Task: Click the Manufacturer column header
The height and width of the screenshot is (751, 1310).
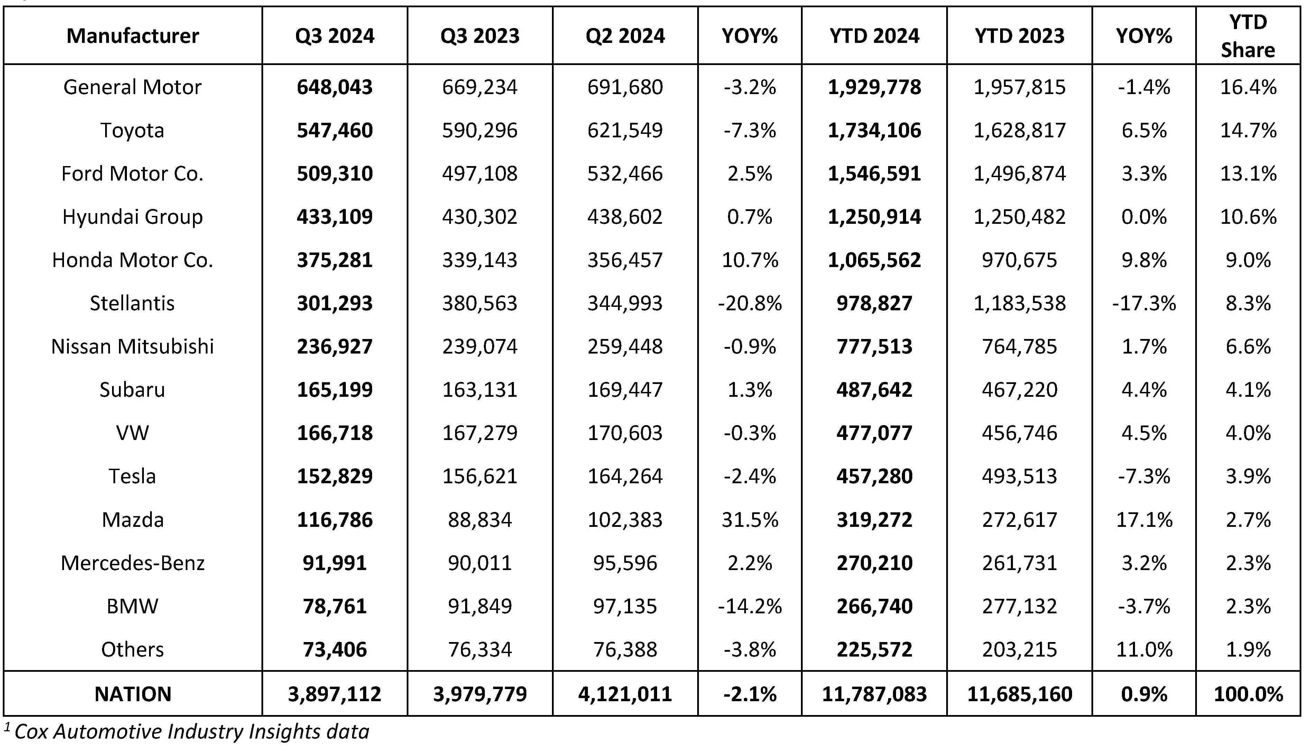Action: pyautogui.click(x=132, y=36)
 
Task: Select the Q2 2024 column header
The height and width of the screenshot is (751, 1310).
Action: pyautogui.click(x=625, y=36)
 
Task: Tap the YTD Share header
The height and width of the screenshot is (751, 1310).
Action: pyautogui.click(x=1248, y=36)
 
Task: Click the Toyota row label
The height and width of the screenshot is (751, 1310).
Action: pyautogui.click(x=132, y=130)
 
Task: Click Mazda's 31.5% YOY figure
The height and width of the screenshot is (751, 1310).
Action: pyautogui.click(x=750, y=520)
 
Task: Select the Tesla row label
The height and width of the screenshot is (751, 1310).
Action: pyautogui.click(x=132, y=476)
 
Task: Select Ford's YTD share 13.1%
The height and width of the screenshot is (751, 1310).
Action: pyautogui.click(x=1248, y=173)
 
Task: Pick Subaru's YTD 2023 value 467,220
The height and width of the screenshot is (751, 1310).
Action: pyautogui.click(x=1019, y=390)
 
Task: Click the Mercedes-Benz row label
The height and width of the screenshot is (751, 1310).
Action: pyautogui.click(x=132, y=563)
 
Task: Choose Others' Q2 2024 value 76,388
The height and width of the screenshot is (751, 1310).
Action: pyautogui.click(x=625, y=649)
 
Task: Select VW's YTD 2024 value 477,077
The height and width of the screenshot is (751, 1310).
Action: pyautogui.click(x=874, y=433)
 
